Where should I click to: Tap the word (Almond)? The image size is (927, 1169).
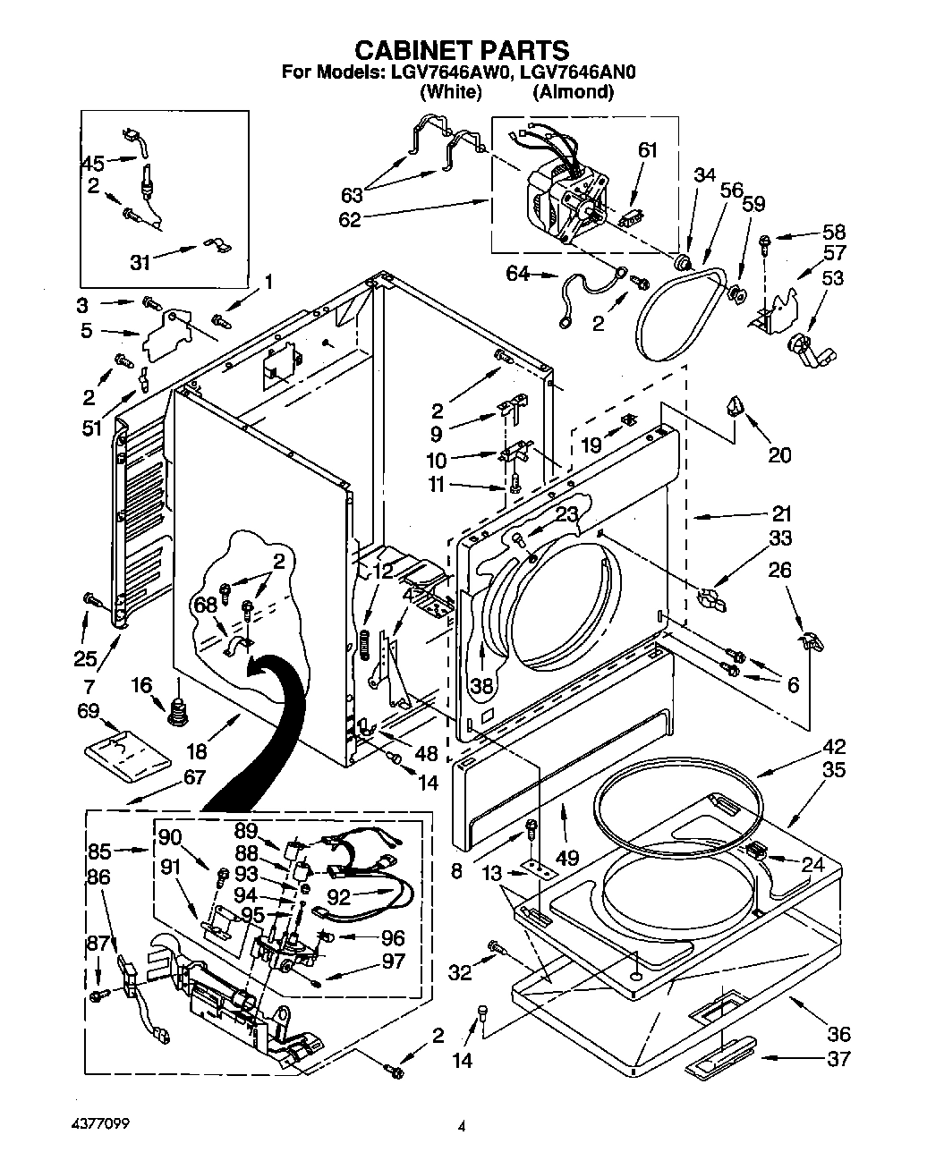[x=573, y=91]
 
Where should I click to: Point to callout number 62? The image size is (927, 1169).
[x=349, y=219]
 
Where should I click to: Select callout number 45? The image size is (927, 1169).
[x=93, y=163]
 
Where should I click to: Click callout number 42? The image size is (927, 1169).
[x=833, y=747]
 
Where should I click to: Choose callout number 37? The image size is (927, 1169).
[x=838, y=1060]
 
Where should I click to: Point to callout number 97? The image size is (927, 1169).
[x=393, y=961]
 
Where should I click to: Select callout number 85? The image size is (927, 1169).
[x=99, y=851]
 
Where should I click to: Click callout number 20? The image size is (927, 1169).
[x=779, y=455]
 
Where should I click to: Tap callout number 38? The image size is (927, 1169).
[x=481, y=686]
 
